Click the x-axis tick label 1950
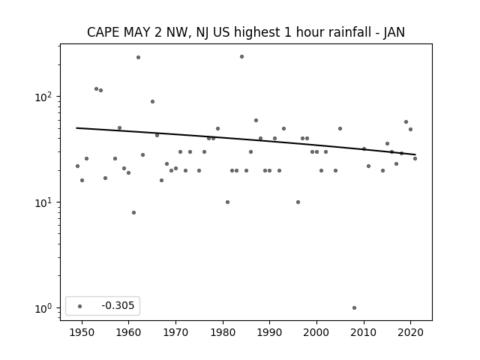click(x=82, y=332)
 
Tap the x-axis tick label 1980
click(x=223, y=332)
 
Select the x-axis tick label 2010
click(x=364, y=332)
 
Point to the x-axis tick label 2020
click(x=411, y=332)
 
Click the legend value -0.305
click(x=118, y=305)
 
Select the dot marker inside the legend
click(x=80, y=306)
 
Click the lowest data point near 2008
click(x=354, y=307)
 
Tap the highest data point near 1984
click(x=241, y=57)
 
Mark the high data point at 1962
click(x=138, y=57)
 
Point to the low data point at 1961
click(x=133, y=212)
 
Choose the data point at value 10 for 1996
click(x=298, y=202)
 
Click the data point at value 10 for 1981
click(x=227, y=202)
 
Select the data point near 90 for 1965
click(x=152, y=102)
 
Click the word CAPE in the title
click(x=103, y=32)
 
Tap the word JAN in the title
click(x=394, y=32)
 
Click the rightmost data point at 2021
click(x=415, y=158)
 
